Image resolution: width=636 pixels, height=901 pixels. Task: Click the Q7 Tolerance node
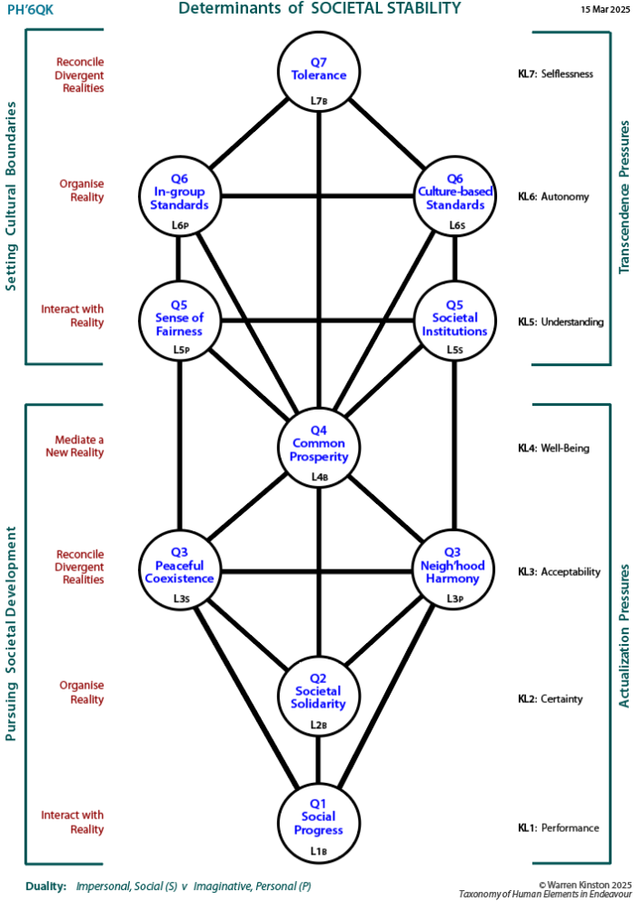pos(318,72)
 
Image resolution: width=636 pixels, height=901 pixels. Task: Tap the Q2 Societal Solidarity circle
pos(318,696)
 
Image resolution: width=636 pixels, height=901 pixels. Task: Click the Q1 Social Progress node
pos(318,821)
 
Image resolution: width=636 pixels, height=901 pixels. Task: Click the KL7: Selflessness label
pos(554,73)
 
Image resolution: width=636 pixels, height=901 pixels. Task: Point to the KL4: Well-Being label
pos(553,448)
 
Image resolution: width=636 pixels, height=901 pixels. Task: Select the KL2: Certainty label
pos(550,699)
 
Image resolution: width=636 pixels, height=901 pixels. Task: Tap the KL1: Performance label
pos(558,827)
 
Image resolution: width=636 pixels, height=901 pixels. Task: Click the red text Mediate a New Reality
pos(75,446)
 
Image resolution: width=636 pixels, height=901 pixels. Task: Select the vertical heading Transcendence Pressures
pos(624,197)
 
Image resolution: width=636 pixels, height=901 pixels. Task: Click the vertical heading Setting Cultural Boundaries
pos(12,197)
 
